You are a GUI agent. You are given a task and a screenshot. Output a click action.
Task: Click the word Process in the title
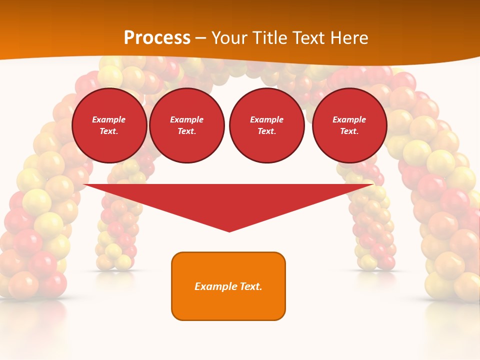click(157, 38)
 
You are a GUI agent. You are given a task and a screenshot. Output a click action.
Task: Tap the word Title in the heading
click(269, 38)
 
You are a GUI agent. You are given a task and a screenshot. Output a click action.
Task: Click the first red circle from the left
click(109, 125)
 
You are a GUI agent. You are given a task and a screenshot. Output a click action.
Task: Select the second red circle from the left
click(187, 125)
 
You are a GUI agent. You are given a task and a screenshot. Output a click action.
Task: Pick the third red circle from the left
click(267, 125)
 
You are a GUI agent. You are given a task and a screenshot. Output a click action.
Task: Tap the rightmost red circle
click(349, 125)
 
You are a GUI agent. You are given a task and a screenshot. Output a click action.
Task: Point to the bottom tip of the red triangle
click(229, 231)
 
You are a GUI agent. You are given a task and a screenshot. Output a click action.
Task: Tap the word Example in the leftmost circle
click(109, 119)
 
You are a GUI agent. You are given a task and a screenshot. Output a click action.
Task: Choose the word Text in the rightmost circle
click(349, 131)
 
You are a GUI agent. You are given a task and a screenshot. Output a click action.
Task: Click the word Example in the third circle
click(267, 119)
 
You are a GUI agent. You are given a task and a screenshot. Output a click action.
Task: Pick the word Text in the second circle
click(187, 131)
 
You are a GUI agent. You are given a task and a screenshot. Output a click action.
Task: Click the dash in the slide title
click(201, 38)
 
